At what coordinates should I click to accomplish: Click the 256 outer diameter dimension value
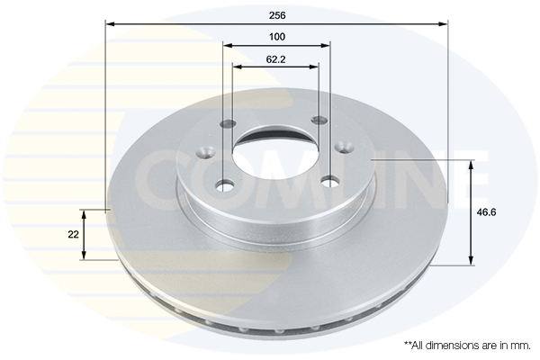click(277, 15)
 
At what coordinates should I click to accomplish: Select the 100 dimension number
click(277, 37)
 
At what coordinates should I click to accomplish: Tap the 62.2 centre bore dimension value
click(275, 59)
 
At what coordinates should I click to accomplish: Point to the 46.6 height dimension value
click(486, 212)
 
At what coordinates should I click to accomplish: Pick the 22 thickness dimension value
click(74, 235)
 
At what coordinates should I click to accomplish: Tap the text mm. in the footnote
click(522, 346)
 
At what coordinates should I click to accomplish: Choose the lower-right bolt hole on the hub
click(329, 181)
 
